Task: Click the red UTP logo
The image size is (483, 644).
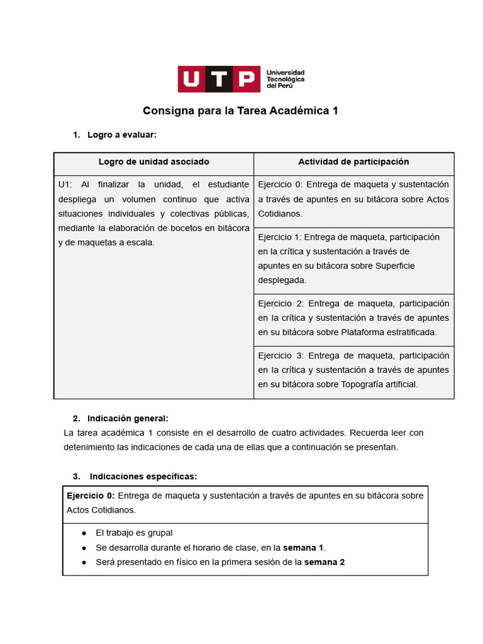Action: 218,79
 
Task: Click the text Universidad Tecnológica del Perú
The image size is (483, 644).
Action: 286,79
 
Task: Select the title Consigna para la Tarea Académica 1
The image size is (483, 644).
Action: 241,111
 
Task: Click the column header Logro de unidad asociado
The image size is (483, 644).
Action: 154,162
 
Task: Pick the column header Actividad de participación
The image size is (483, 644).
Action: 353,162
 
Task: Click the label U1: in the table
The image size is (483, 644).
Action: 65,184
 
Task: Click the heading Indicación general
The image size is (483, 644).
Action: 128,418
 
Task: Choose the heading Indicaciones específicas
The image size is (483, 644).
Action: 143,476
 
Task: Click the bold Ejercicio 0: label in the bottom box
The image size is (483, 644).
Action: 91,496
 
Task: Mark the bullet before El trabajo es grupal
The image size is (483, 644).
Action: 84,533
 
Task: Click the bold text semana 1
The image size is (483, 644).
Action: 304,547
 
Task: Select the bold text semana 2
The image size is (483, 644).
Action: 325,562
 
